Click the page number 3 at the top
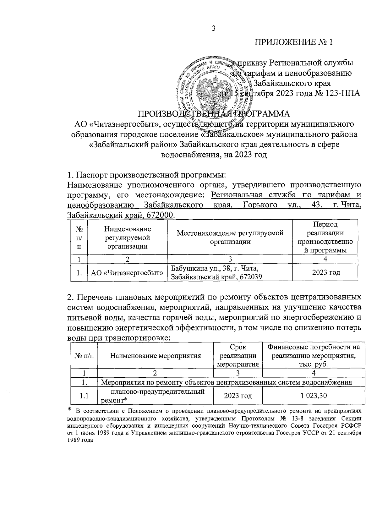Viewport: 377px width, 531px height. click(x=213, y=29)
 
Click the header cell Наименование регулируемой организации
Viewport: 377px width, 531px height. click(x=127, y=238)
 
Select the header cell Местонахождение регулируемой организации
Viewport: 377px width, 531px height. click(x=230, y=237)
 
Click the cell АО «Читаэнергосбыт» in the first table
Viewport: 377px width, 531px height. click(x=127, y=272)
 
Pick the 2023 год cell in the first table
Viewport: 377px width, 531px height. click(x=326, y=272)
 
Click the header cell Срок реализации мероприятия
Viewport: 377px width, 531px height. click(x=238, y=356)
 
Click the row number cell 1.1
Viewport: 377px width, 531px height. click(x=83, y=396)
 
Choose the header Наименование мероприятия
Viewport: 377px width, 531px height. click(x=155, y=356)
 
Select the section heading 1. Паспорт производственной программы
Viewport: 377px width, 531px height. click(x=147, y=175)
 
